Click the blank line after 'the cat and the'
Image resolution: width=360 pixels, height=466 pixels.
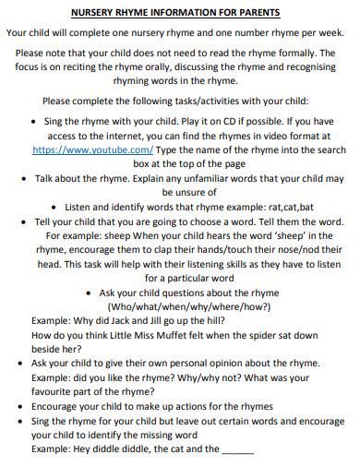click(x=239, y=449)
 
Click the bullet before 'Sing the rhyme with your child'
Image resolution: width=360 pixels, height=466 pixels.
click(x=34, y=121)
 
